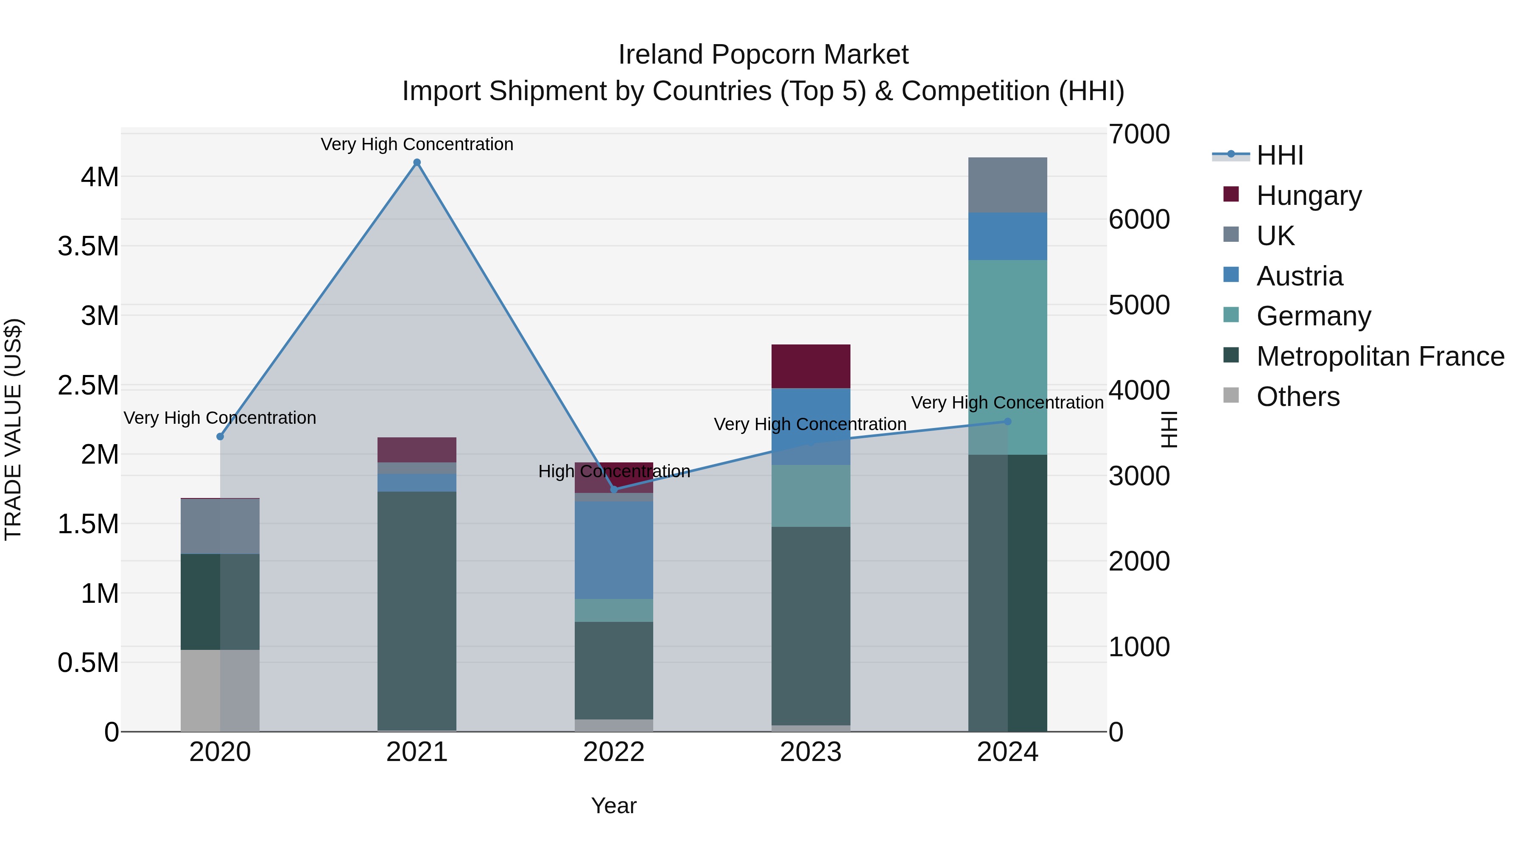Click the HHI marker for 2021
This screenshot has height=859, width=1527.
[417, 162]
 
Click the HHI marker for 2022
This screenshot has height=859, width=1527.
[614, 489]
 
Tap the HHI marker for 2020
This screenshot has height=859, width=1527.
[220, 436]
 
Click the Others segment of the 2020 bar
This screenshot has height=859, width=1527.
[220, 690]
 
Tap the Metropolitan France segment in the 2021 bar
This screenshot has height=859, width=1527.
[417, 610]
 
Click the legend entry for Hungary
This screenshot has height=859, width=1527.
[1309, 195]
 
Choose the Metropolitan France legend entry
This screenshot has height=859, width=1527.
[1380, 356]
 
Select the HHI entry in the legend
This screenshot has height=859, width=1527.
[1279, 155]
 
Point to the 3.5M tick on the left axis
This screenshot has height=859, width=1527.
[88, 246]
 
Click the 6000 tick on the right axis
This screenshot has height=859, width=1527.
[1139, 219]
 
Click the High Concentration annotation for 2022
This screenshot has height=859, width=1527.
[614, 471]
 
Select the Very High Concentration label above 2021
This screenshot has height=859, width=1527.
[417, 144]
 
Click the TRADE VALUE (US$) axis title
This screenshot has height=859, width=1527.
[13, 429]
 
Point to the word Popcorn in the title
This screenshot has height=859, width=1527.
[763, 55]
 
